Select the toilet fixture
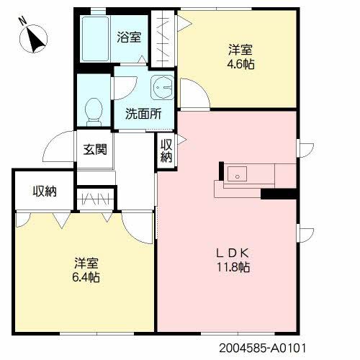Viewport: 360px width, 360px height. [x=93, y=110]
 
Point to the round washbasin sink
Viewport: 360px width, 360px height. [x=162, y=88]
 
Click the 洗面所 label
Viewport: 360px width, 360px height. [x=143, y=113]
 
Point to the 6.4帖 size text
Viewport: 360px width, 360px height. [x=86, y=277]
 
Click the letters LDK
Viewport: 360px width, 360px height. [x=234, y=253]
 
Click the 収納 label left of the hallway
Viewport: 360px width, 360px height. [x=44, y=192]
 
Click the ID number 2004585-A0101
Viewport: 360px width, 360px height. [x=270, y=346]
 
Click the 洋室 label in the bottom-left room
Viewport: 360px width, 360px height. [x=85, y=263]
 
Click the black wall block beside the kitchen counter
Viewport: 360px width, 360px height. [x=279, y=193]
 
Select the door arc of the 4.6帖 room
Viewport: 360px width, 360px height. [x=193, y=93]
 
